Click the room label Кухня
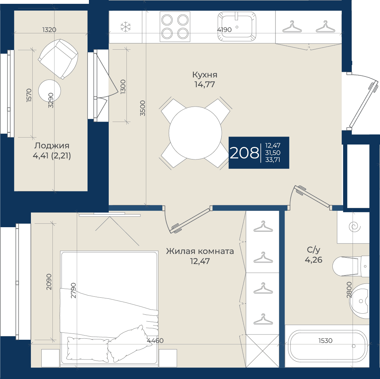pos(205,75)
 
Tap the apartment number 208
pos(244,153)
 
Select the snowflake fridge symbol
pos(126,27)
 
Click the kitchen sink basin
pos(237,26)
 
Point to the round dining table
pos(195,133)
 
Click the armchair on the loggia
pos(58,59)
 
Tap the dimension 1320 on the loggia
pos(49,30)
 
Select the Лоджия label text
pos(52,146)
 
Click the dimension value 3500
pos(142,108)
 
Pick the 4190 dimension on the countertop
pos(224,30)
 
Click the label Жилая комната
pos(200,251)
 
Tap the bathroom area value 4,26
pos(314,260)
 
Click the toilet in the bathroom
pos(351,266)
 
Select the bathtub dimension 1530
pos(325,341)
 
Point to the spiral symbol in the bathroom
pos(355,227)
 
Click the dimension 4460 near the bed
pos(155,341)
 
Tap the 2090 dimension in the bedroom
pos(49,282)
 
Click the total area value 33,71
pos(273,160)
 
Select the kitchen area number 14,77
pos(205,84)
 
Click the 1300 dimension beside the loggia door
pos(123,87)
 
